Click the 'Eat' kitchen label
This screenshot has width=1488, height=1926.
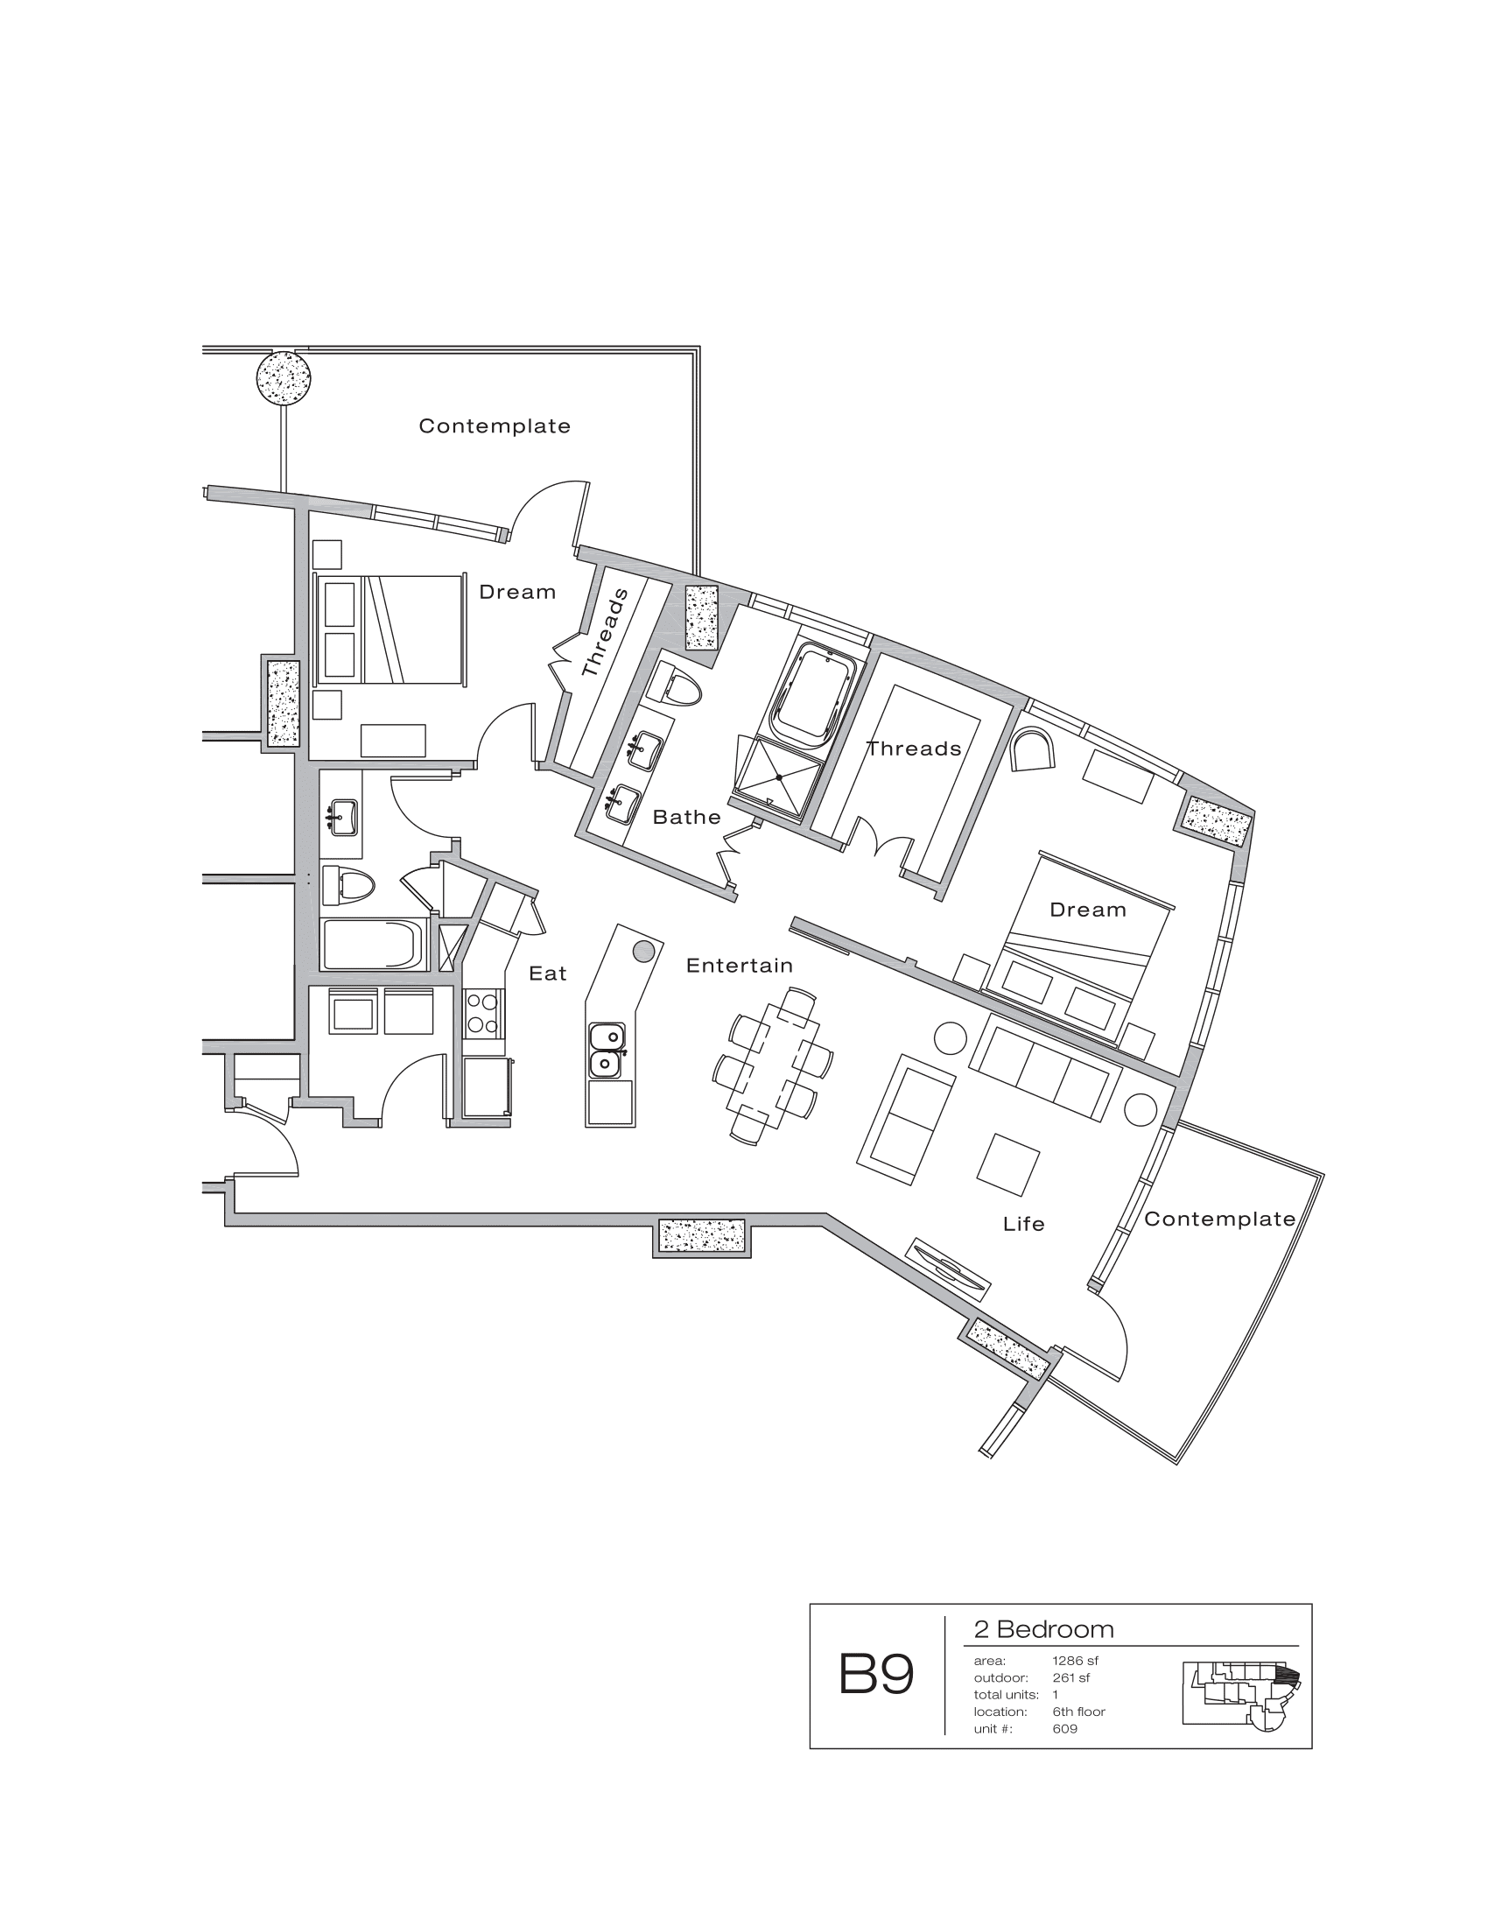coord(547,974)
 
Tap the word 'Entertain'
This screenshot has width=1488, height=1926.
coord(740,966)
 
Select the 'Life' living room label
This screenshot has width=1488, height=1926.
coord(1023,1224)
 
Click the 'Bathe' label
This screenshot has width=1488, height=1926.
coord(687,818)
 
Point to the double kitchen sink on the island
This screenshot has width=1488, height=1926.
coord(606,1051)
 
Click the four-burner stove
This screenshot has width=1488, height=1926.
coord(483,1013)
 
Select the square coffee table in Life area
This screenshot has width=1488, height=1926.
coord(1007,1166)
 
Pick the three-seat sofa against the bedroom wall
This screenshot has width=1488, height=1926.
coord(1044,1068)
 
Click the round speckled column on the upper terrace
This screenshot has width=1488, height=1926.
coord(283,377)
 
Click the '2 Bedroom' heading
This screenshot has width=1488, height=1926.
coord(1043,1630)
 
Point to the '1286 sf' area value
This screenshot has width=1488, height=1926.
coord(1075,1661)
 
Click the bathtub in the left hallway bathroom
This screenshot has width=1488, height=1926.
coord(373,945)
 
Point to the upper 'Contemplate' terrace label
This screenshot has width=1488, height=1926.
coord(495,427)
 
